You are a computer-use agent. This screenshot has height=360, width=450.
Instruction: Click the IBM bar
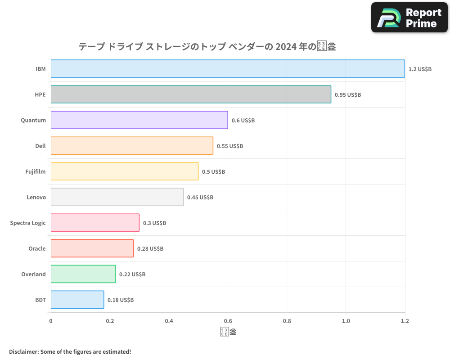coord(228,68)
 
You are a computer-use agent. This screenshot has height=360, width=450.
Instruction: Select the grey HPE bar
coord(191,94)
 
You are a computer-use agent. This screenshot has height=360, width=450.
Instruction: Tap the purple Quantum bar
coord(139,120)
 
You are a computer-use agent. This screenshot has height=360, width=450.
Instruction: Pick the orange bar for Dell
coord(132,145)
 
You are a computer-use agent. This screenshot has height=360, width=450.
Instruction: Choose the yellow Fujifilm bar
coord(125,171)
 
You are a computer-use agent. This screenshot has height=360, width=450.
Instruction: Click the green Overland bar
coord(83,274)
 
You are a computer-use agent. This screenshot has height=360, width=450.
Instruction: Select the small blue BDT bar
coord(77,299)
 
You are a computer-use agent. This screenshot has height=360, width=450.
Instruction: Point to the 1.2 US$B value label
coord(420,69)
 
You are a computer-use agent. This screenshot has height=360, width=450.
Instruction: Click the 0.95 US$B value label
coord(347,94)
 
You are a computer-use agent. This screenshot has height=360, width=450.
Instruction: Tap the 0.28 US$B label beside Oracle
coord(150,248)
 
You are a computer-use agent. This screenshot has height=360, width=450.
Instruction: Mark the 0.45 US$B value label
coord(200,197)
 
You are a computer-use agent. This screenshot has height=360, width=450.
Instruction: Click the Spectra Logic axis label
coord(28,223)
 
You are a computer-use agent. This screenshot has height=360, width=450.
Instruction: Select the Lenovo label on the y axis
coord(36,197)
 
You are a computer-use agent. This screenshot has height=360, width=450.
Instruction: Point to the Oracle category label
coord(37,248)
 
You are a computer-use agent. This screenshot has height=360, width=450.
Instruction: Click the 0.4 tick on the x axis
coord(169,321)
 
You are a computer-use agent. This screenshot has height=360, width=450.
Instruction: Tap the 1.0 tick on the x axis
coord(346,321)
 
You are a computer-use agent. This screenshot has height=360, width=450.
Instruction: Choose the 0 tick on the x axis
coord(51,321)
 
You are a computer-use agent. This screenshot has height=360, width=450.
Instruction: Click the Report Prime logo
coord(409,18)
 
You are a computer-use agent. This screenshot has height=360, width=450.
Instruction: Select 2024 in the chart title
coord(286,46)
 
